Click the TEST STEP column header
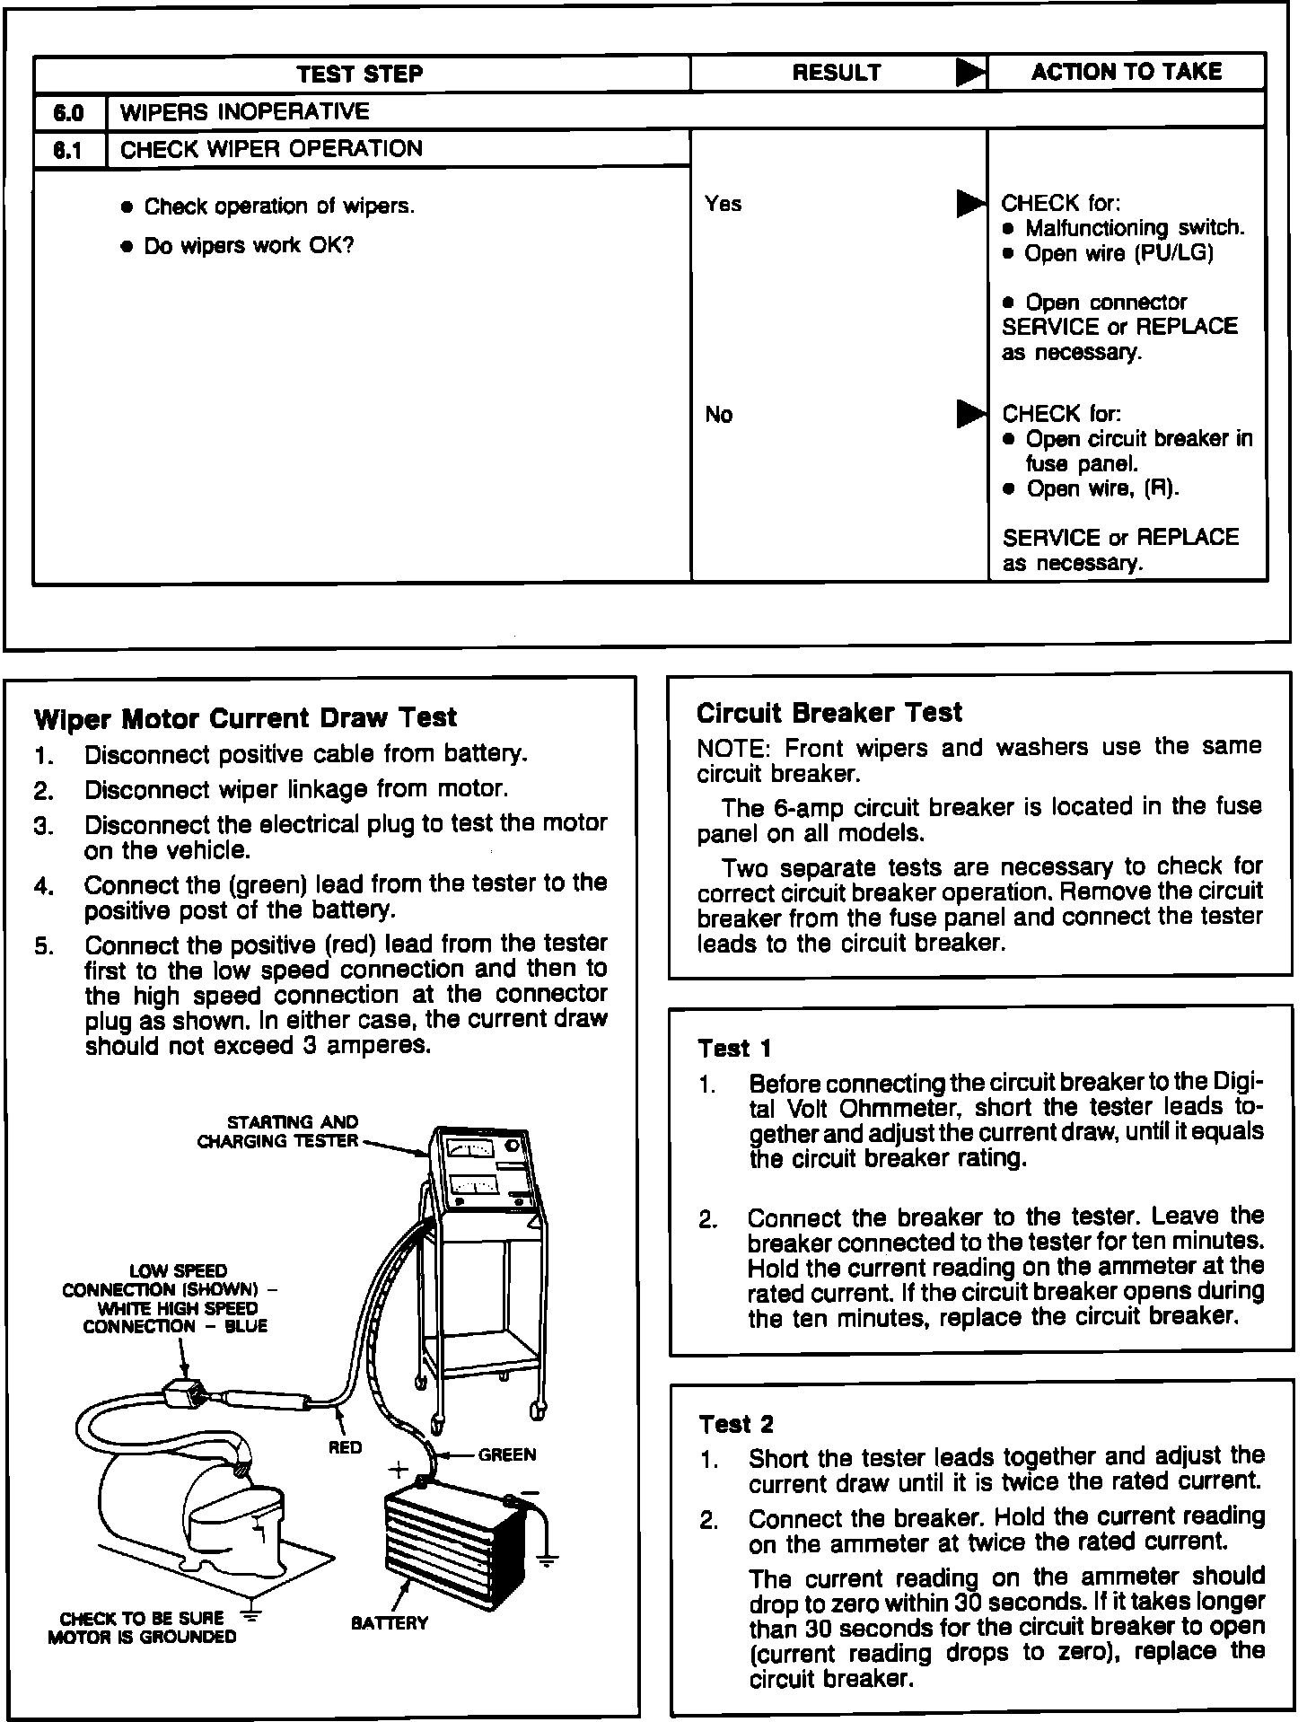(x=360, y=74)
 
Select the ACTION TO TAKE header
(x=1126, y=72)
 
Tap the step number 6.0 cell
(x=69, y=112)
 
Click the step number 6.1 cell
(x=69, y=150)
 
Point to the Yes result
(x=724, y=205)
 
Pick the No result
(x=719, y=415)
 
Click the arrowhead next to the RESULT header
(x=969, y=73)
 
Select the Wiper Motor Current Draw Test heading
(x=245, y=718)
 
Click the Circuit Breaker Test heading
(x=829, y=713)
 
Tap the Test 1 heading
(x=734, y=1049)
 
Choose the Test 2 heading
(x=735, y=1424)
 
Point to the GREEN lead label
(x=507, y=1454)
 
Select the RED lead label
(x=345, y=1446)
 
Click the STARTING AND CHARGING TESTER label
(x=278, y=1131)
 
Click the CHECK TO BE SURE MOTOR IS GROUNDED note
(x=141, y=1627)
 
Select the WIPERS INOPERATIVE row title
(x=244, y=112)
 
